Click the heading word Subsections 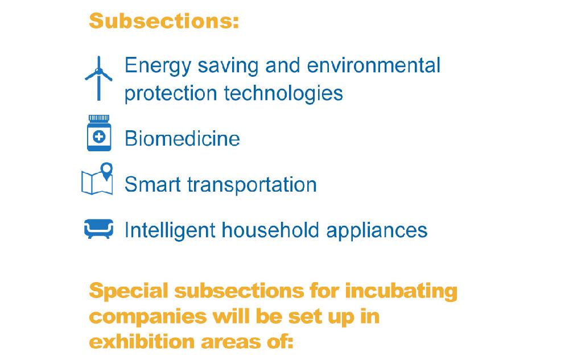(164, 21)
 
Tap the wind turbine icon (98, 78)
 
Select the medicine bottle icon (98, 133)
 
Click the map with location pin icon (97, 179)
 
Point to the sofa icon (98, 229)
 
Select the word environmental (374, 65)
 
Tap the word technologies (283, 93)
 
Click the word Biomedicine (182, 139)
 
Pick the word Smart (152, 184)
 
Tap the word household (270, 230)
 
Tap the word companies (148, 317)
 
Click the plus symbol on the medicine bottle (99, 136)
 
